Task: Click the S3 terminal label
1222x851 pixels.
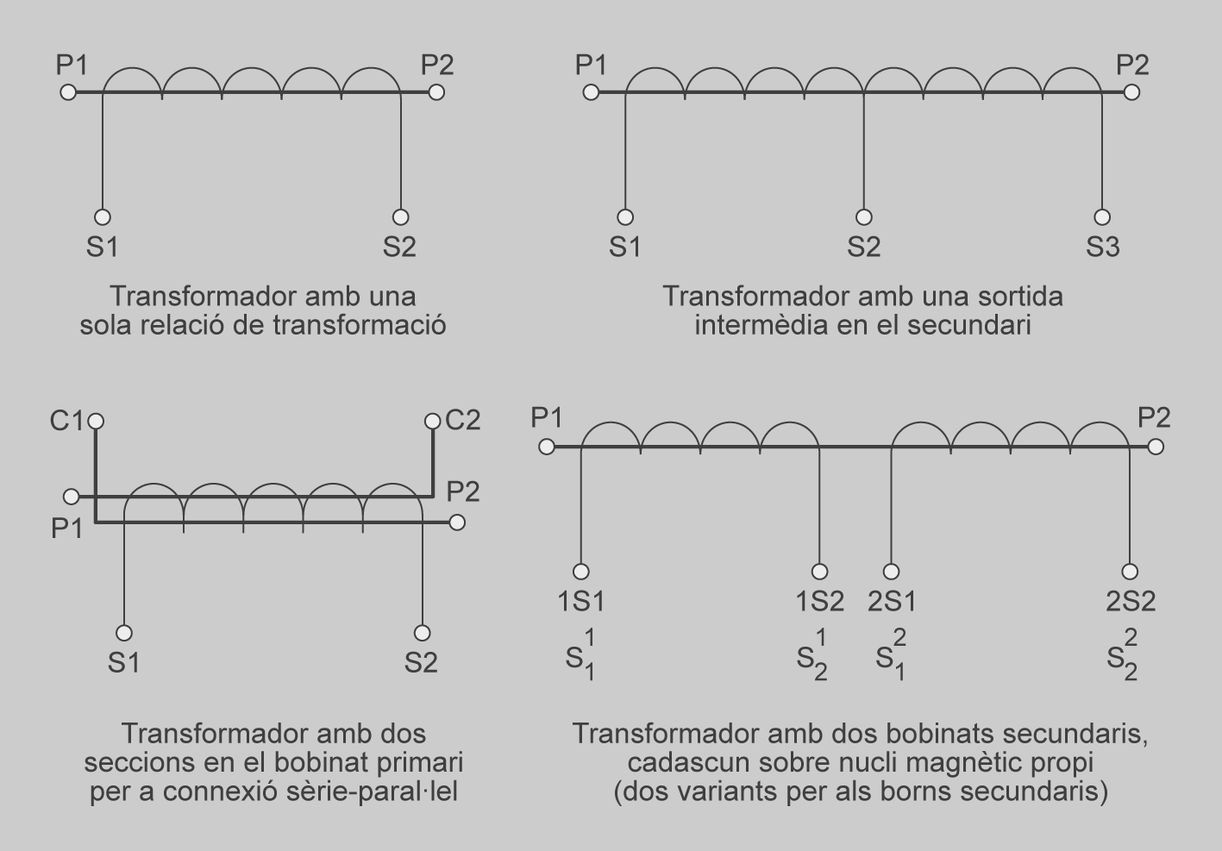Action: click(x=1102, y=247)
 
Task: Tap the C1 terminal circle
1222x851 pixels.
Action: click(x=96, y=421)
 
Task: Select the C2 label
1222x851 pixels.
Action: click(x=462, y=421)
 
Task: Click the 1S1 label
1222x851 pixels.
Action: click(x=581, y=601)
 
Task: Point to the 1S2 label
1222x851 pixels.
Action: click(x=819, y=601)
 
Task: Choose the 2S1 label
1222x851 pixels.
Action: click(x=892, y=601)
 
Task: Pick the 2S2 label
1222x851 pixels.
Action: click(x=1131, y=601)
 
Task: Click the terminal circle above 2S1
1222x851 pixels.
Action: click(x=892, y=572)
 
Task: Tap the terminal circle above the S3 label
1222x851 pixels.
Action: click(x=1102, y=217)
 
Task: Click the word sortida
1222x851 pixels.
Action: click(x=1021, y=297)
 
